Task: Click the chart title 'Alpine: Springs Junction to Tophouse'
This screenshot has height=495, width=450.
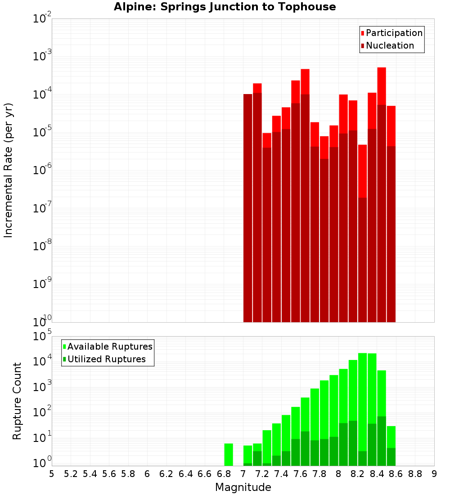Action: (225, 7)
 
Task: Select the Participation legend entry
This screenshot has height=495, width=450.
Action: (391, 33)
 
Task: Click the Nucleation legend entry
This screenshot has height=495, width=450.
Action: (387, 45)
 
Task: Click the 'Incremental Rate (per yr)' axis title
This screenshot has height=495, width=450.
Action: (9, 170)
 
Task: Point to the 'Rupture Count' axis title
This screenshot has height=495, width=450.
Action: (17, 400)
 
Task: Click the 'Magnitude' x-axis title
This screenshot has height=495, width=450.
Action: (243, 487)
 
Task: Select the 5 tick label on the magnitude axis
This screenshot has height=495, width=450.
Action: (52, 474)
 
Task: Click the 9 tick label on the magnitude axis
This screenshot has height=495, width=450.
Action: (434, 474)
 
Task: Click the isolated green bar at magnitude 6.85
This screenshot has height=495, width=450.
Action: (229, 454)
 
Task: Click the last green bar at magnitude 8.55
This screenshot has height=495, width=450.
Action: (391, 445)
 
